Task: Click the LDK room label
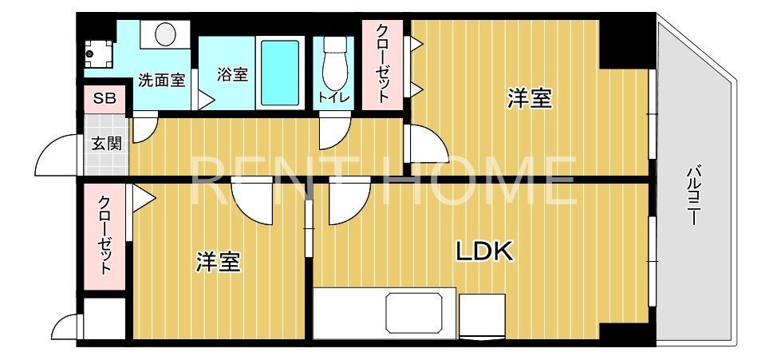coord(483,251)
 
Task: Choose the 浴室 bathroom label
coord(232,74)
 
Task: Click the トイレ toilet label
coord(332,97)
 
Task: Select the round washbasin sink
coord(166,34)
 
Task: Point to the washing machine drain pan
coord(99,53)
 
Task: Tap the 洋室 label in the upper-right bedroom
coord(530,98)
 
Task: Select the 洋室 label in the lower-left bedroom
coord(218,262)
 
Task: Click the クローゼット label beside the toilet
coord(383,63)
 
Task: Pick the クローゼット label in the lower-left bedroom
coord(105,235)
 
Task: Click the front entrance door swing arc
coord(57,156)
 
